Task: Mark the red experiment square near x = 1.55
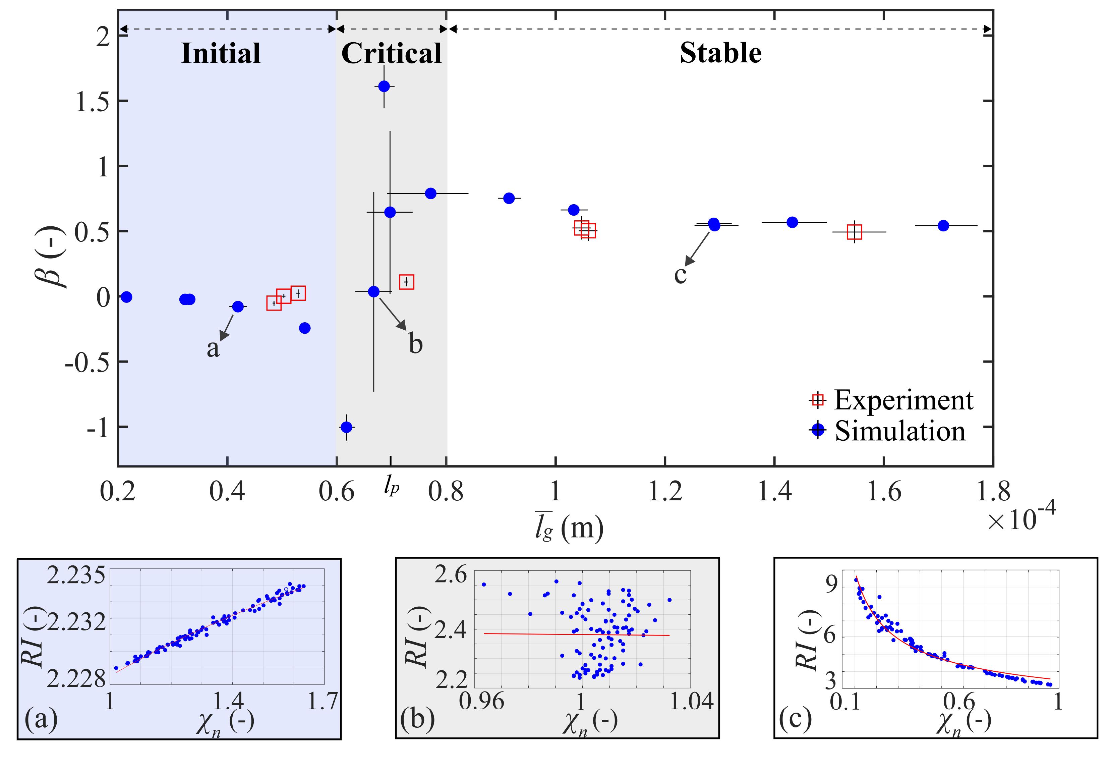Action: point(854,232)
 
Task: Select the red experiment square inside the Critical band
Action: point(407,282)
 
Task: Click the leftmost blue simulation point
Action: point(126,297)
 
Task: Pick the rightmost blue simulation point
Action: point(943,226)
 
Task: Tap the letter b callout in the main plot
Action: point(416,344)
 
